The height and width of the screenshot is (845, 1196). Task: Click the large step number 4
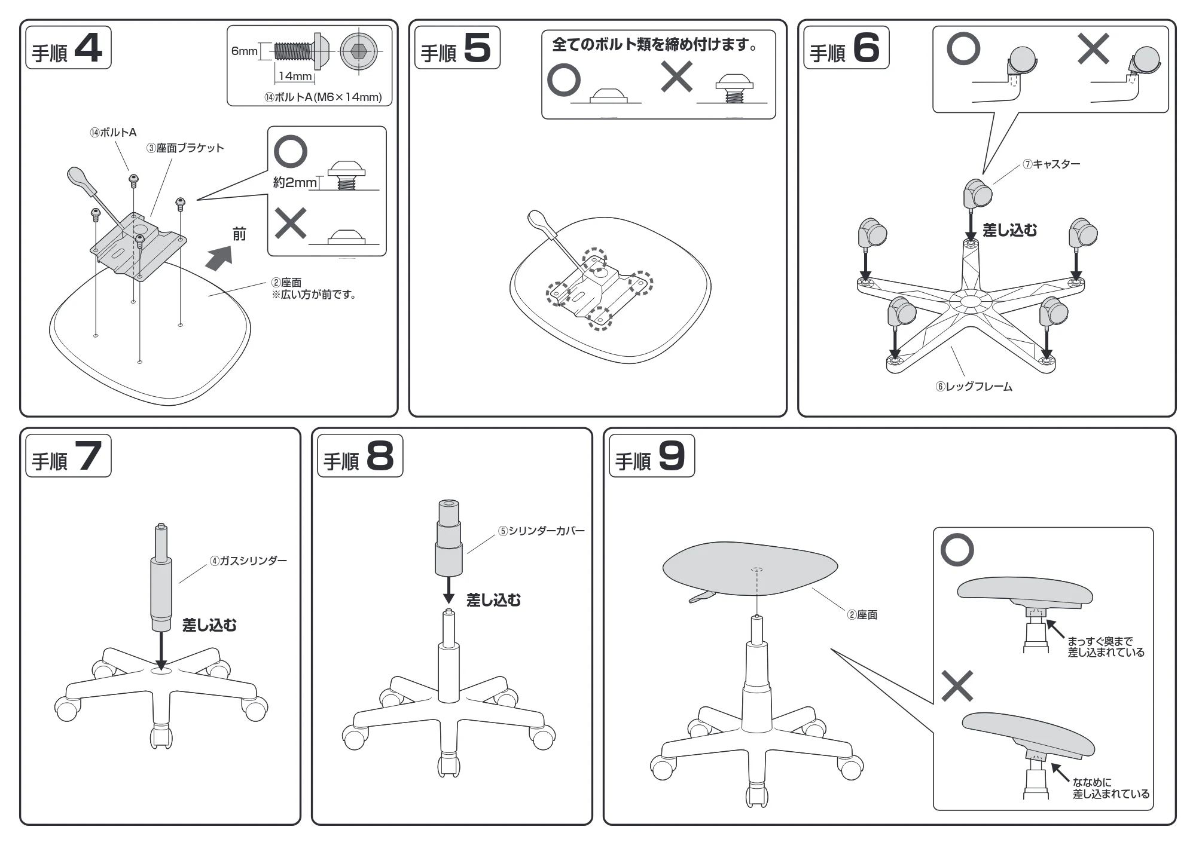tap(88, 48)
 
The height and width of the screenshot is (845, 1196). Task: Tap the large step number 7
tap(88, 456)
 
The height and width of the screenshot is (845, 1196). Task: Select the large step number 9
tap(672, 456)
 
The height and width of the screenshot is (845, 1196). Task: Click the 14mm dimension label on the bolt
tap(295, 76)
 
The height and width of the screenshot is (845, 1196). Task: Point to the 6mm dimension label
tap(244, 51)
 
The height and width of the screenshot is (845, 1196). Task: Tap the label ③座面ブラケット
tap(185, 148)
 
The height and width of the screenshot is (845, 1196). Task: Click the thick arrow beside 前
tap(218, 259)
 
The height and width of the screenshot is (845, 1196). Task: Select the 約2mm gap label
tap(295, 182)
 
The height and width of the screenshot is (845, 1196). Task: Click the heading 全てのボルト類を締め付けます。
tap(655, 44)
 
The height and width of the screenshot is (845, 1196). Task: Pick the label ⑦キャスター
tap(1051, 164)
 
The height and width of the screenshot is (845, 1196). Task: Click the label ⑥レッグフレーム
tap(974, 387)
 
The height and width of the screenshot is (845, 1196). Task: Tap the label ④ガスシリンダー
tap(248, 561)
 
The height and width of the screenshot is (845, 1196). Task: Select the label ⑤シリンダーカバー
tap(542, 531)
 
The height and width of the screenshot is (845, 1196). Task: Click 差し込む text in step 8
tap(493, 600)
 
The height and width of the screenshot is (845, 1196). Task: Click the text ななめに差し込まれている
tap(1110, 788)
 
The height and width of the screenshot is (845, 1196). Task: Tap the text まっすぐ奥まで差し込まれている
tap(1106, 647)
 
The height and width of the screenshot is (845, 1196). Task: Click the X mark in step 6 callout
tap(1093, 48)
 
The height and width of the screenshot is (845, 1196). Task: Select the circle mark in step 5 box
tap(564, 80)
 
